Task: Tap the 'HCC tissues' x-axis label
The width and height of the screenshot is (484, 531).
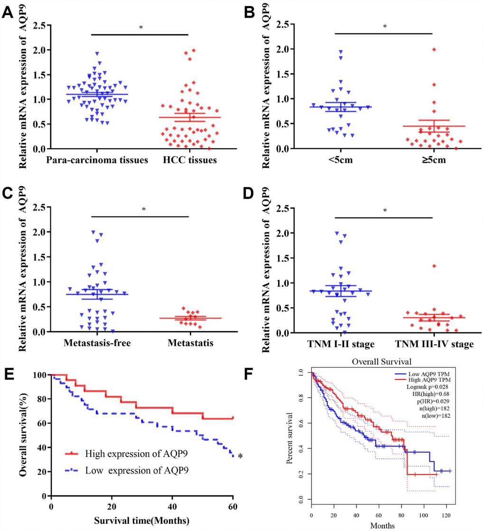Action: pos(189,161)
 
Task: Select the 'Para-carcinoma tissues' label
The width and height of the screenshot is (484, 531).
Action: pos(91,161)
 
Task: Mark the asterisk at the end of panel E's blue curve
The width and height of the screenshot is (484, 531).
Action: pos(241,457)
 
